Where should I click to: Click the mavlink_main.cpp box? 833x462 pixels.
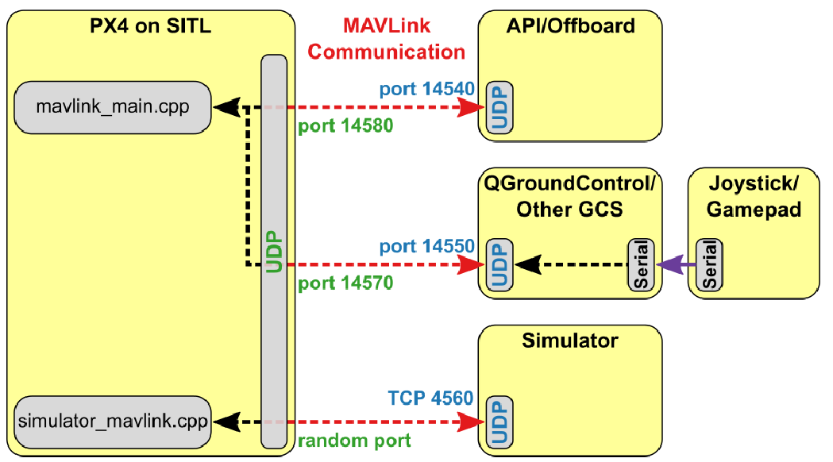113,106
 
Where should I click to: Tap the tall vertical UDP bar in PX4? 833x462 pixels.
275,252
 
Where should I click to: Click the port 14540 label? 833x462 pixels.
426,89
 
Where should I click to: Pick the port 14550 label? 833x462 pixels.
426,246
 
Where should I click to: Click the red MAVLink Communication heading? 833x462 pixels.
387,39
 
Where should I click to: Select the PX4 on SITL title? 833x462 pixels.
150,26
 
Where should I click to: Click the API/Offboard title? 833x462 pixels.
570,26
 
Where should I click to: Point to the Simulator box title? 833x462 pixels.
570,341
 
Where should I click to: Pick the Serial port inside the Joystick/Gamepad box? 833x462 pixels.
708,264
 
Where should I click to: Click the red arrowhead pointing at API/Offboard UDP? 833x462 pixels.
473,106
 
